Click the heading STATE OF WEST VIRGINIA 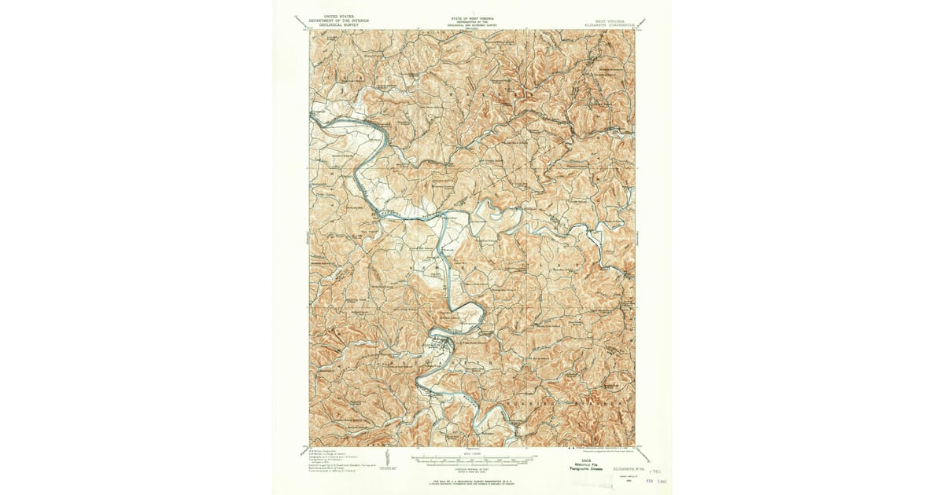coord(472,15)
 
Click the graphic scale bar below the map coord(472,456)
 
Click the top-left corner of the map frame coord(309,30)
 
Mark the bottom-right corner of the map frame coord(634,446)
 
